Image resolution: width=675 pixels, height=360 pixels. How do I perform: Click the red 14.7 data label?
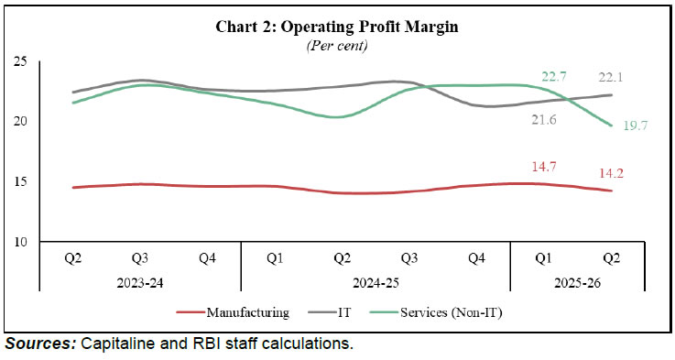[x=551, y=167]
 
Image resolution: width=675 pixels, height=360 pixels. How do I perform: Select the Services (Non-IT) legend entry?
[x=450, y=311]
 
